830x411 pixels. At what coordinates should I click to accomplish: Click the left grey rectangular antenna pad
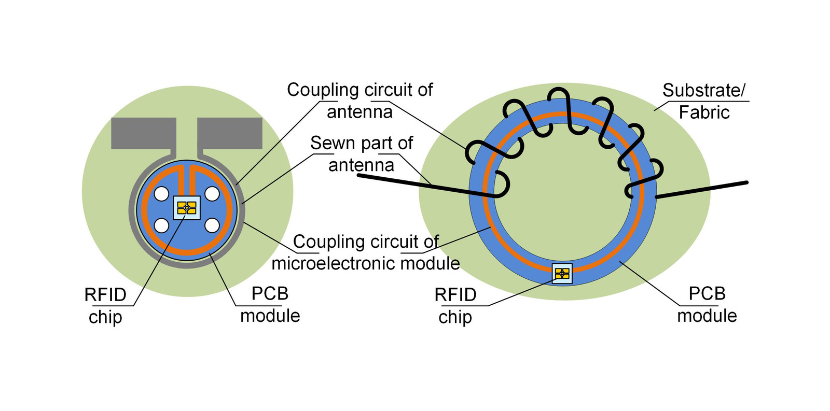[143, 133]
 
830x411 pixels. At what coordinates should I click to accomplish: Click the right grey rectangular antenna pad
[230, 133]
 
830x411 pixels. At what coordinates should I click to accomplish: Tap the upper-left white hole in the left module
[161, 194]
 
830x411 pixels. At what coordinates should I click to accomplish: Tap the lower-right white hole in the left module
[212, 225]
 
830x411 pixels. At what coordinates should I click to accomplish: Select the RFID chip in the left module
[187, 208]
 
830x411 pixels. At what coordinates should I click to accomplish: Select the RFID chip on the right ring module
[562, 273]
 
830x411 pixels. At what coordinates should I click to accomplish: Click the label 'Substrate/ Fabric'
[703, 101]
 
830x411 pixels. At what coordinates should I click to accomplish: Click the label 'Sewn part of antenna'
[362, 154]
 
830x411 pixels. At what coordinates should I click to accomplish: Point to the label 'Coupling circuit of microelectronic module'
[366, 252]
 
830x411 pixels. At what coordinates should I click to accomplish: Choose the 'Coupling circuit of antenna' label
[359, 101]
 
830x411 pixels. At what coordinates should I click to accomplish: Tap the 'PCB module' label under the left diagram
[270, 304]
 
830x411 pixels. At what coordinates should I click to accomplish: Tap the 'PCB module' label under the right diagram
[707, 304]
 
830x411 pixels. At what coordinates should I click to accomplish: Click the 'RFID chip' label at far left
[105, 305]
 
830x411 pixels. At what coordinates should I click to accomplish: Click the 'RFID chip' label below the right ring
[455, 305]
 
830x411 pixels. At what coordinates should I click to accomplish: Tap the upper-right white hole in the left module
[212, 194]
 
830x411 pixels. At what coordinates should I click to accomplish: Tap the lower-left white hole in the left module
[161, 225]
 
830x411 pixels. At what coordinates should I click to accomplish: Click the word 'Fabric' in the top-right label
[704, 112]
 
